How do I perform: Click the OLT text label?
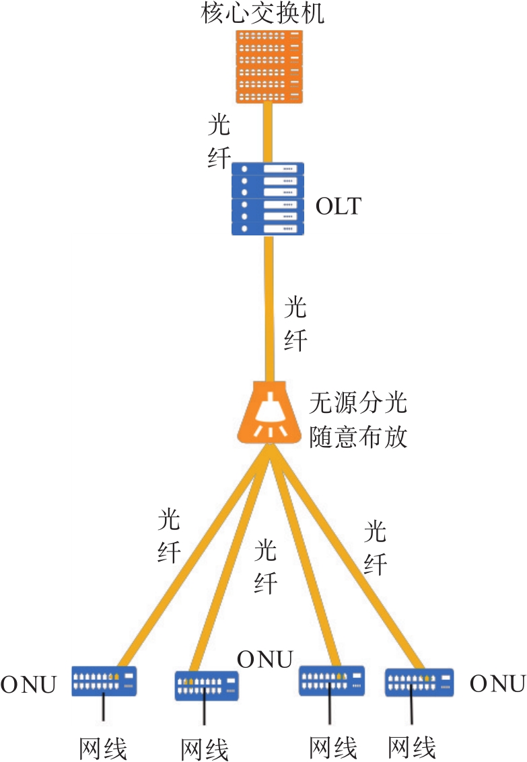coord(338,206)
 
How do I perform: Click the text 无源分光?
coord(358,405)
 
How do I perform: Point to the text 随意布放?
coord(358,437)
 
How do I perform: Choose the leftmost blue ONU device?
coord(104,681)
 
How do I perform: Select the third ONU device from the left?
coord(332,680)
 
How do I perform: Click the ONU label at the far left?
coord(28,685)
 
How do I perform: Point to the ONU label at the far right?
coord(497,684)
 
